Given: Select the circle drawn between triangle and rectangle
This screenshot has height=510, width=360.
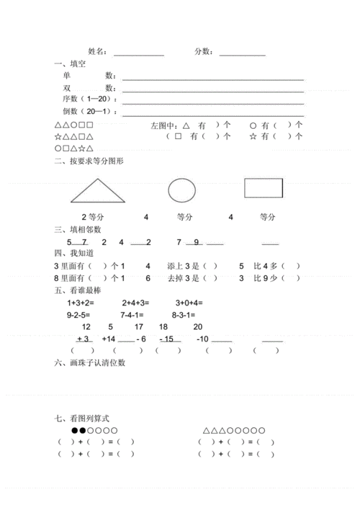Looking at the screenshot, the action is point(181,190).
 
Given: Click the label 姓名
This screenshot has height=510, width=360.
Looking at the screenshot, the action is point(98,52).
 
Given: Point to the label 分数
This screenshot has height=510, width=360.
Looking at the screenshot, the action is point(204,52).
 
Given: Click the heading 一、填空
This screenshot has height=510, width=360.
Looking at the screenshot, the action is point(70,64).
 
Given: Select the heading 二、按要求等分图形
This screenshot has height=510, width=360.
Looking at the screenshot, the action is point(89,161).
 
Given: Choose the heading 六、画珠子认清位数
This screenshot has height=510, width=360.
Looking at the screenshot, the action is point(90,363).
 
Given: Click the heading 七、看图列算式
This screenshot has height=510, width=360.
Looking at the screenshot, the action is point(84,419).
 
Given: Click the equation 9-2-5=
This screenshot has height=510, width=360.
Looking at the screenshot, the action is point(81,315).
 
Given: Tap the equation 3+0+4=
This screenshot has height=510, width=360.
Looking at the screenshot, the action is point(189,303).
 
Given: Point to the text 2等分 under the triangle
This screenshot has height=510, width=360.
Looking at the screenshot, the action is point(93,216).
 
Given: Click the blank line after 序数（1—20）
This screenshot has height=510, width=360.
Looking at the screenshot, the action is point(213,100).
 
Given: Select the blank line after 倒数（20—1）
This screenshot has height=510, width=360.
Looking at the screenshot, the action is point(213,112).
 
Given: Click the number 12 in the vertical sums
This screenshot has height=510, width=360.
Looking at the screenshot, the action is point(86,327).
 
